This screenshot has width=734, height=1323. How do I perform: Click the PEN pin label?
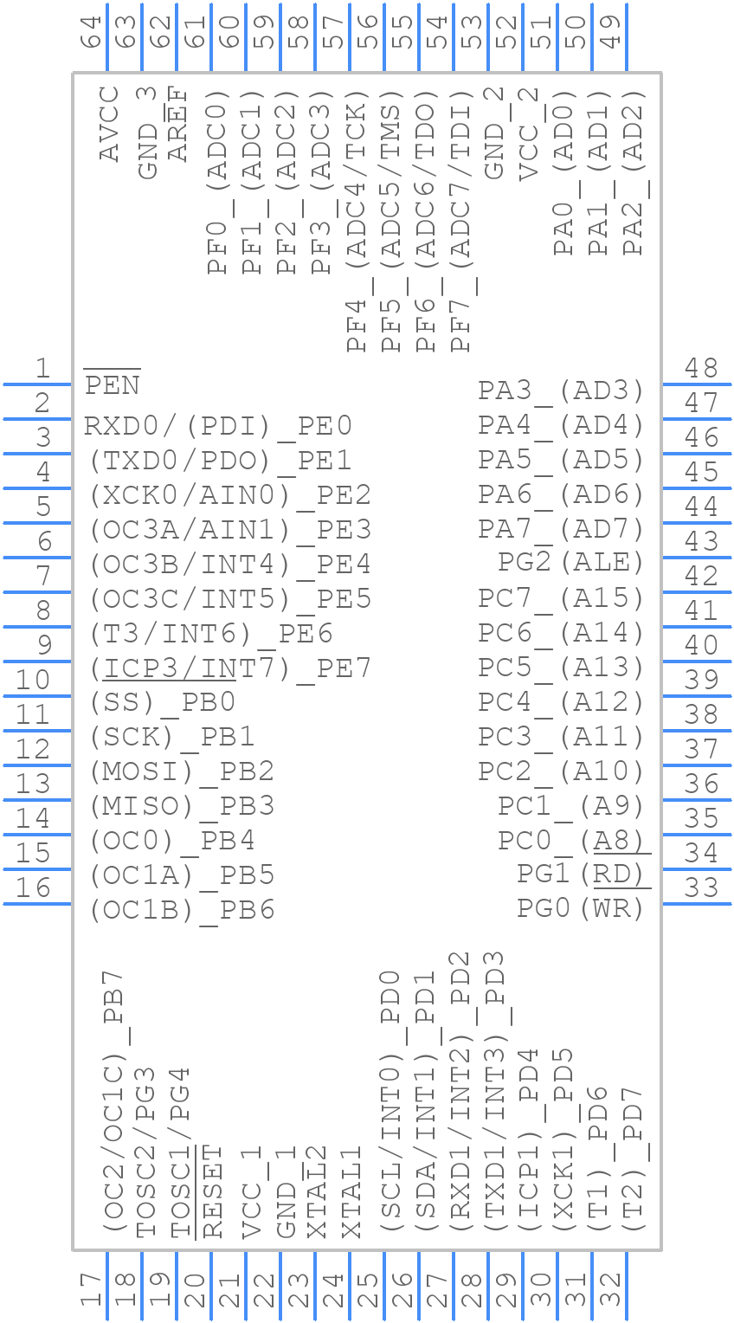click(x=113, y=384)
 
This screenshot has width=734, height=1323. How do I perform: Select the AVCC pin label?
click(x=109, y=124)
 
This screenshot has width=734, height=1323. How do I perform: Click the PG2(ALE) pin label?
click(x=570, y=563)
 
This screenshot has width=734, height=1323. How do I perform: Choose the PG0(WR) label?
click(x=580, y=909)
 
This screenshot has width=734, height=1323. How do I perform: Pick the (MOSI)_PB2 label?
click(x=182, y=771)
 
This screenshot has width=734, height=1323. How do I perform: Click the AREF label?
click(x=178, y=124)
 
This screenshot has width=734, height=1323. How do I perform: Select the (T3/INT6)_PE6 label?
click(x=211, y=633)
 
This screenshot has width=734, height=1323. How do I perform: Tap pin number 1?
click(x=42, y=370)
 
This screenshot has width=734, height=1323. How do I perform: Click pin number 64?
click(x=91, y=35)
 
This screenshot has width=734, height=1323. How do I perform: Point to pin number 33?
click(x=701, y=888)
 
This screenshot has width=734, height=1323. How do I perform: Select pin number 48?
click(x=701, y=370)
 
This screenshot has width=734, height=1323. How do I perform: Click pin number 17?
click(x=91, y=1290)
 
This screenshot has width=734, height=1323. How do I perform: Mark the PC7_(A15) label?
click(x=561, y=598)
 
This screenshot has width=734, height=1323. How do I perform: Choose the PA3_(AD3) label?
click(x=561, y=390)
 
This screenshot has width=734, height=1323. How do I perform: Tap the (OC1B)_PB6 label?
click(x=182, y=910)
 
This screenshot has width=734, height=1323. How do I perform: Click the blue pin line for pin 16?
click(x=36, y=903)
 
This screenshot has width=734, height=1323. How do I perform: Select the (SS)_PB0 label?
click(x=163, y=702)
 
